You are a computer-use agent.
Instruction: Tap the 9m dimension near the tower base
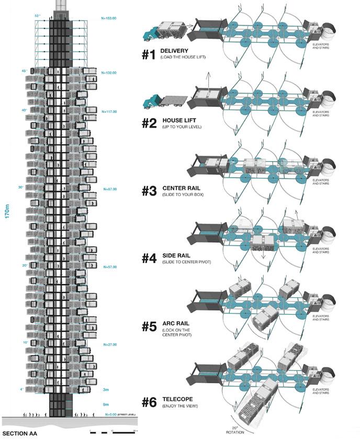tap(106, 404)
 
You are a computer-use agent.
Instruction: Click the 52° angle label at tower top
tap(37, 16)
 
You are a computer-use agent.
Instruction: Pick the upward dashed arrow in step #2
tap(208, 81)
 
